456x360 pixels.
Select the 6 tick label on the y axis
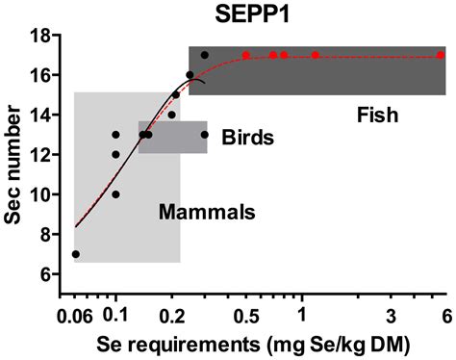[x=42, y=274]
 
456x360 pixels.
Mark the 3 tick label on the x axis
[x=391, y=314]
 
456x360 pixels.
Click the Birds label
[x=248, y=137]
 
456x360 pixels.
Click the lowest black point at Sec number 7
[x=76, y=254]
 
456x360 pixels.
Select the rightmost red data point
[x=441, y=55]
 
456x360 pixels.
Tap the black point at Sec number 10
[x=115, y=194]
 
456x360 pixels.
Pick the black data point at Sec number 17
[x=204, y=55]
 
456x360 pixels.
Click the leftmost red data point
[x=246, y=55]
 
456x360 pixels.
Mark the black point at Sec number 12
[x=115, y=154]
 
